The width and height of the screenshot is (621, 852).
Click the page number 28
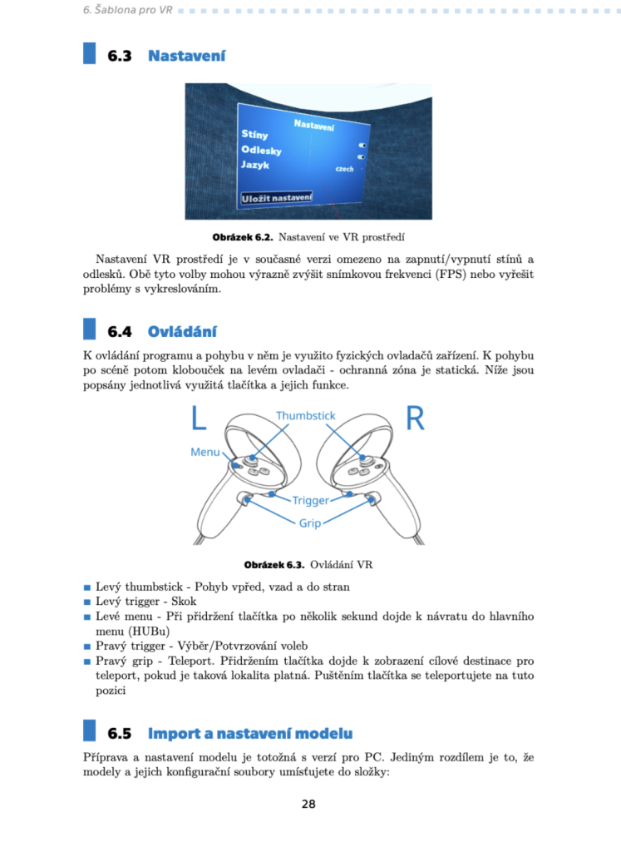[x=308, y=804]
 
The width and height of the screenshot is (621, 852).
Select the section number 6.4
[x=120, y=332]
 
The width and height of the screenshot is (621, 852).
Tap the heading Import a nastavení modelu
[x=249, y=733]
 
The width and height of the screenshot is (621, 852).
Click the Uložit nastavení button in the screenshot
[x=276, y=197]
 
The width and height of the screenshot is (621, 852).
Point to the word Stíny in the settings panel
[x=255, y=133]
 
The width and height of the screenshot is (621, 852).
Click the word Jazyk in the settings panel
[x=255, y=165]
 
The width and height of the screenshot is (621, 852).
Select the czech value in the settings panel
[x=343, y=169]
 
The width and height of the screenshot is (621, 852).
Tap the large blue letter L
[x=198, y=419]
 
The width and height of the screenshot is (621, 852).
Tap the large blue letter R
[x=415, y=419]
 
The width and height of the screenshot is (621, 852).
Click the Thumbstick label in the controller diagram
[x=305, y=415]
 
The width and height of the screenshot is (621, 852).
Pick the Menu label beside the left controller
[x=205, y=452]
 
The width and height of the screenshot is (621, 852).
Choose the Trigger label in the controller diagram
[x=310, y=501]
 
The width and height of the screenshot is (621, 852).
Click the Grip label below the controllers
[x=309, y=523]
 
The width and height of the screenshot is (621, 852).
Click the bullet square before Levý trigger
[x=87, y=602]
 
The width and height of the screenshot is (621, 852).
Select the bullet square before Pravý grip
[x=87, y=661]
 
